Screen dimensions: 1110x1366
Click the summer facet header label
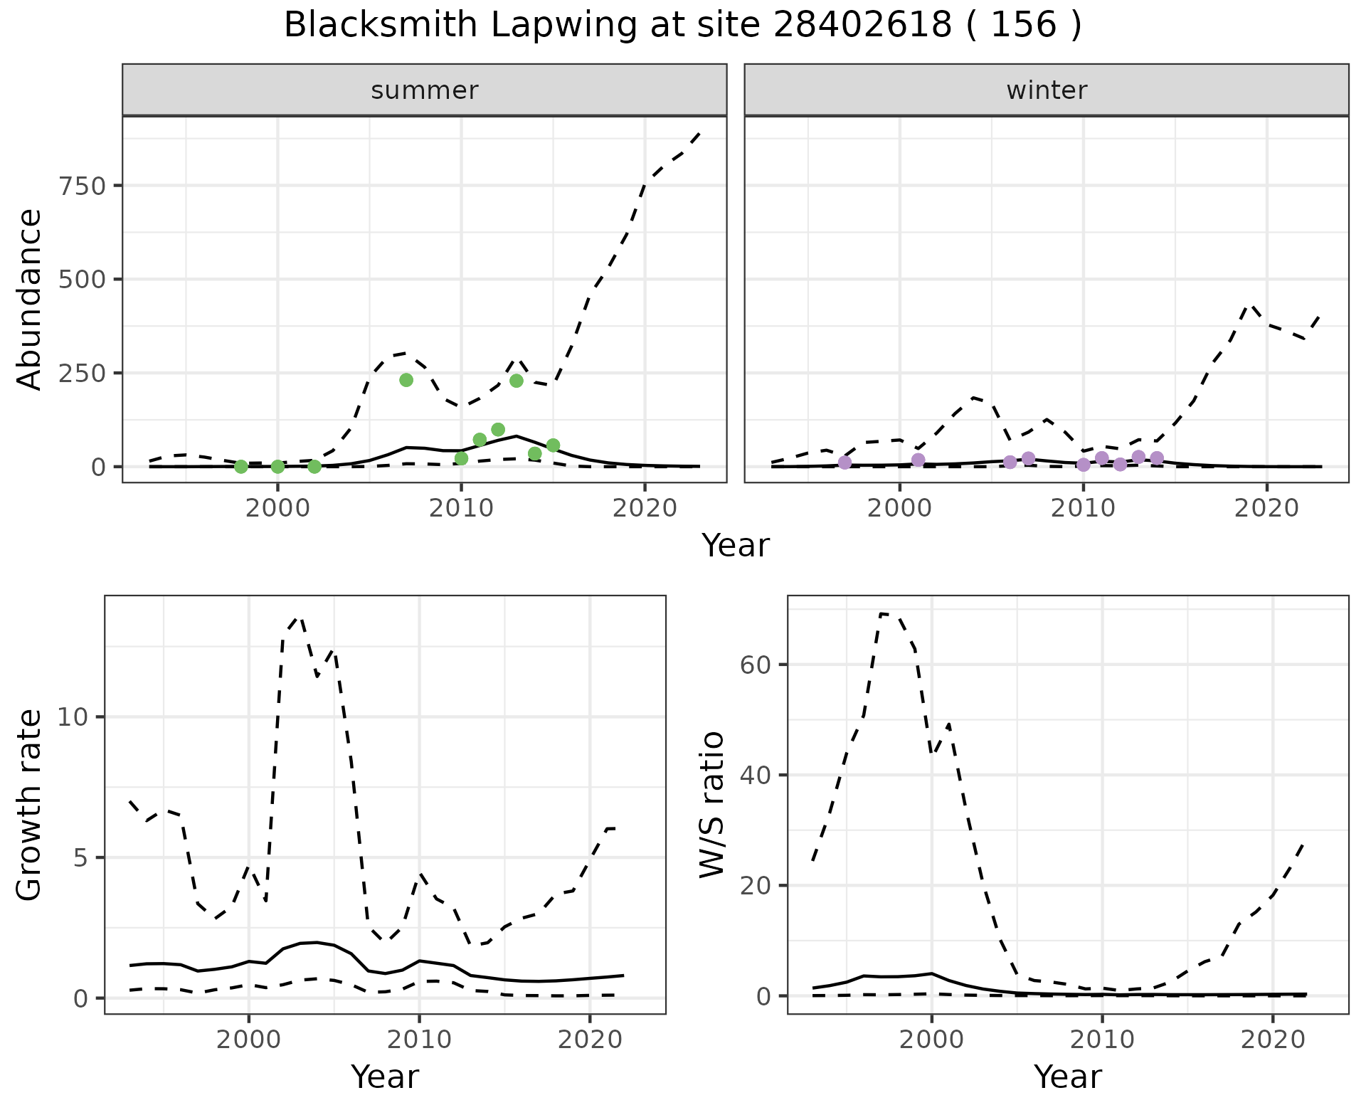pyautogui.click(x=424, y=90)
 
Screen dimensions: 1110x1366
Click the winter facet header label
pyautogui.click(x=1046, y=90)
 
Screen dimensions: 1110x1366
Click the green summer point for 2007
pyautogui.click(x=406, y=380)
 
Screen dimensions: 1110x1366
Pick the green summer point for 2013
pyautogui.click(x=517, y=381)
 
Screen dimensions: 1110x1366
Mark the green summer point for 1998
pyautogui.click(x=241, y=467)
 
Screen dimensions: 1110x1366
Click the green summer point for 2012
pyautogui.click(x=498, y=430)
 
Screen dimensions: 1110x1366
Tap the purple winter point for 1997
pyautogui.click(x=845, y=462)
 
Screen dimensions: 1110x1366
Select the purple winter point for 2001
pyautogui.click(x=918, y=460)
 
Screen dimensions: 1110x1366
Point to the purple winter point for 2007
pyautogui.click(x=1028, y=458)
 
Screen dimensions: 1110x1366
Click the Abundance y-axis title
pyautogui.click(x=30, y=300)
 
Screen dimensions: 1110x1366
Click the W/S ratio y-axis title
pyautogui.click(x=712, y=804)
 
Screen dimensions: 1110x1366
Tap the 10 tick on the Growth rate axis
pyautogui.click(x=72, y=717)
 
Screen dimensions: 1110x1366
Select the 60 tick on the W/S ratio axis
pyautogui.click(x=756, y=665)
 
